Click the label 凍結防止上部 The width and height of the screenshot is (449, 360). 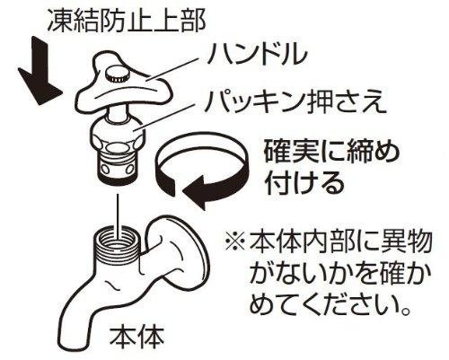click(127, 22)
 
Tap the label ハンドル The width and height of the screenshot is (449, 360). click(257, 55)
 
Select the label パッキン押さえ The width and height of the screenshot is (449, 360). click(295, 102)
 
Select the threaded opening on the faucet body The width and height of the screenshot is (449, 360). click(118, 240)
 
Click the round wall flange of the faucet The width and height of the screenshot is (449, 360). click(191, 249)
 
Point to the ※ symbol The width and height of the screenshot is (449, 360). click(235, 242)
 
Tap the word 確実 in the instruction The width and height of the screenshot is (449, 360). click(286, 153)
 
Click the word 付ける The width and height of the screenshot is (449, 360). click(304, 182)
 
